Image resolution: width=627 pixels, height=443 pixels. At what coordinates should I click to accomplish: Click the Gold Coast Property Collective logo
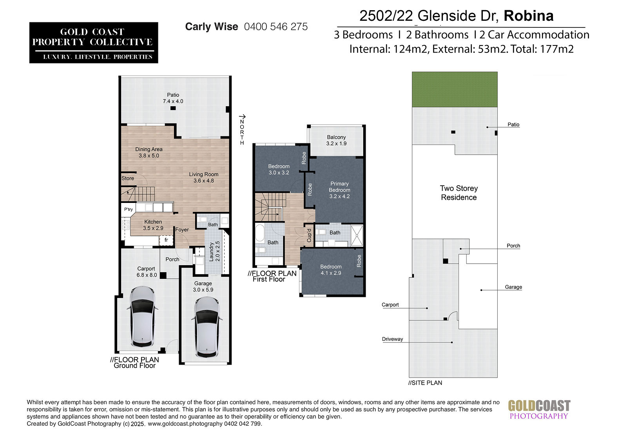click(x=94, y=43)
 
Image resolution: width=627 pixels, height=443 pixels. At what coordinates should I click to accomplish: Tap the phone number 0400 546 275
click(x=276, y=27)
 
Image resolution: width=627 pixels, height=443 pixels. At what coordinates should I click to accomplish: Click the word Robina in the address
click(x=529, y=16)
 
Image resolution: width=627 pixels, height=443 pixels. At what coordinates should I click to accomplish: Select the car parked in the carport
click(x=143, y=316)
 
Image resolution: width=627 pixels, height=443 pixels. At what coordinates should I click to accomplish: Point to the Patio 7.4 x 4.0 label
click(x=173, y=98)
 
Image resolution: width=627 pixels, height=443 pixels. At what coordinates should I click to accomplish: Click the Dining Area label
click(x=149, y=152)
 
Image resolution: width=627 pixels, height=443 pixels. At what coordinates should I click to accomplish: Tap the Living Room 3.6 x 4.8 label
click(x=203, y=177)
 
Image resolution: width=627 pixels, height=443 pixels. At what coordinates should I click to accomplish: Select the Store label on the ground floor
click(x=128, y=178)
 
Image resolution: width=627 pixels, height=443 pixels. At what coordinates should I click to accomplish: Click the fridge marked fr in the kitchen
click(x=166, y=240)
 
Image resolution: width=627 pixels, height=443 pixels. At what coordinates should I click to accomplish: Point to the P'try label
click(x=129, y=209)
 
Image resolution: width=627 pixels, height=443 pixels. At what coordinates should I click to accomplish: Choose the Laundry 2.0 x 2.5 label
click(x=214, y=251)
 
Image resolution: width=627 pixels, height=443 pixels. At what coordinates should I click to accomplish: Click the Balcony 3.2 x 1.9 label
click(x=336, y=140)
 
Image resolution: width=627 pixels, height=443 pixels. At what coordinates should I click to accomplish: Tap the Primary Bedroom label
click(x=339, y=190)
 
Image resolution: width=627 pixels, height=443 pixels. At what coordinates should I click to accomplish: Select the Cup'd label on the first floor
click(x=309, y=235)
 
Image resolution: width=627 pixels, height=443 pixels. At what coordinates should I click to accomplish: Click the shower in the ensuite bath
click(x=357, y=236)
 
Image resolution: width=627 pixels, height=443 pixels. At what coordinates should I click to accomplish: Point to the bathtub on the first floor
click(x=260, y=233)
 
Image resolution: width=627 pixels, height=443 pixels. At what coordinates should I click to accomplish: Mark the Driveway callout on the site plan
click(x=392, y=339)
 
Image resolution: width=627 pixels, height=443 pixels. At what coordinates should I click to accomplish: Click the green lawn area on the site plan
click(x=455, y=90)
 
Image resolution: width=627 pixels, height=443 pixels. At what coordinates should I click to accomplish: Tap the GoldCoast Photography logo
click(x=539, y=410)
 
